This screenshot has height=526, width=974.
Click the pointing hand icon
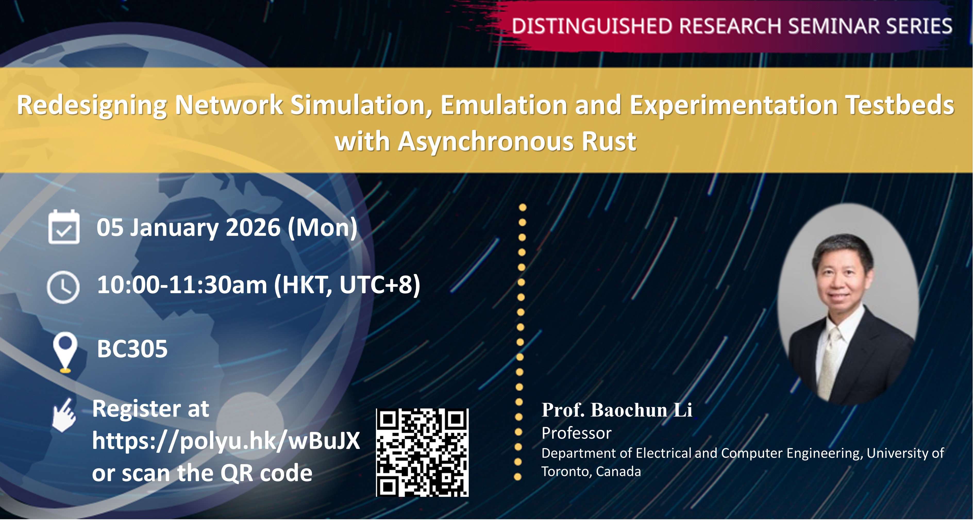pos(64,415)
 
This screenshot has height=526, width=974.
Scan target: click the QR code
pos(422,453)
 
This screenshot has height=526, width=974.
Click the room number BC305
pos(132,349)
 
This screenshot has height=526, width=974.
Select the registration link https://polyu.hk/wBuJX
pos(226,441)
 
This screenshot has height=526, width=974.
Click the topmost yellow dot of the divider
pos(523,207)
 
